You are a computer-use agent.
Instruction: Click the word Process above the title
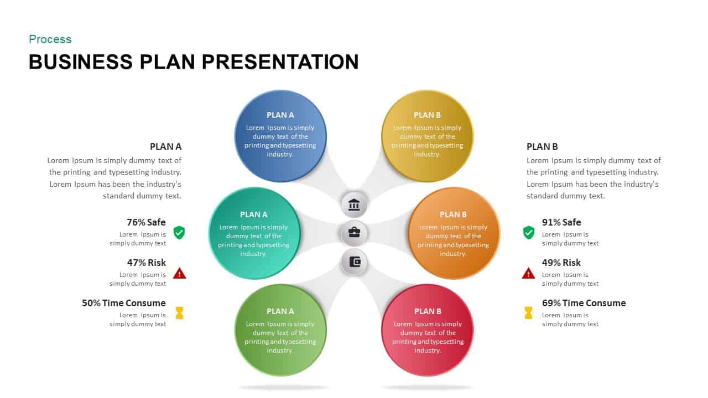50,39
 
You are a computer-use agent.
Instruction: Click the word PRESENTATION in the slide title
280,62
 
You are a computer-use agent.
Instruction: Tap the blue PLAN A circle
280,135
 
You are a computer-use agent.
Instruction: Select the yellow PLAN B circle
428,135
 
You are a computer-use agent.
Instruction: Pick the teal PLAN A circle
254,233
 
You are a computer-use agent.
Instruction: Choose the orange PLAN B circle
454,233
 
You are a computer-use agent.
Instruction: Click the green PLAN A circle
280,330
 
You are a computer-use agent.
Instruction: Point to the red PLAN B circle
428,330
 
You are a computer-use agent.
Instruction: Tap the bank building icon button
354,205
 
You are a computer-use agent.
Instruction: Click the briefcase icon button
354,233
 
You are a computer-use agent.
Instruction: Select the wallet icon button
354,261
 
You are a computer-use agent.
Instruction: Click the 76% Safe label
146,222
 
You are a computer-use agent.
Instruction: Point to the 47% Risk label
146,263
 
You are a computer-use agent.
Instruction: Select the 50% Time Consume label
124,303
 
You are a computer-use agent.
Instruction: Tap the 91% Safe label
561,222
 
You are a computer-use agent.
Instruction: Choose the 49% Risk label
561,263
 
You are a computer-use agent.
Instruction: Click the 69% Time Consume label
584,303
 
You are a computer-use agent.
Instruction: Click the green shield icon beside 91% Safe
529,232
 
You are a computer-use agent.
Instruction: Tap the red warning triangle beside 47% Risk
179,273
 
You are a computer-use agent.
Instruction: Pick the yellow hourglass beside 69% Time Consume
528,313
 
